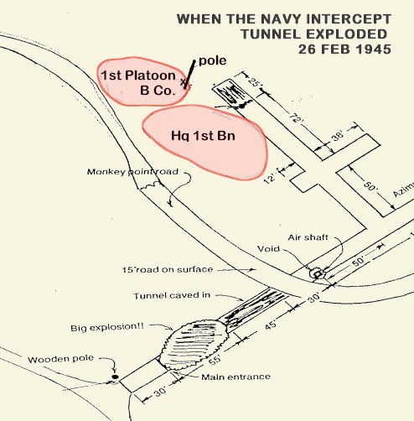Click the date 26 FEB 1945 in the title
point(344,49)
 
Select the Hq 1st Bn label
point(203,136)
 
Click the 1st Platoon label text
point(138,75)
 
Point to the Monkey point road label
point(132,171)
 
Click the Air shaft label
point(308,237)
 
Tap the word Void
point(268,248)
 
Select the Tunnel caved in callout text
point(172,295)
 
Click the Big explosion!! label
point(107,327)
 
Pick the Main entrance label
point(235,377)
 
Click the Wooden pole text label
point(60,359)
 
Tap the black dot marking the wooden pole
point(115,377)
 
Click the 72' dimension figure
point(296,118)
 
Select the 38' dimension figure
point(338,136)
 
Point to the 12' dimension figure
point(270,178)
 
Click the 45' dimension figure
point(271,325)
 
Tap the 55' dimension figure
point(215,360)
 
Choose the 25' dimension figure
point(254,82)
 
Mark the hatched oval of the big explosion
point(194,345)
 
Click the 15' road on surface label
point(168,269)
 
